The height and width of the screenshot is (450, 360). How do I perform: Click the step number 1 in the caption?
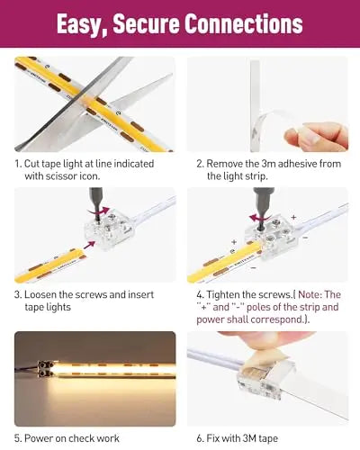pos(18,163)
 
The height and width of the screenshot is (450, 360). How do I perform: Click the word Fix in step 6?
pos(213,437)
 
